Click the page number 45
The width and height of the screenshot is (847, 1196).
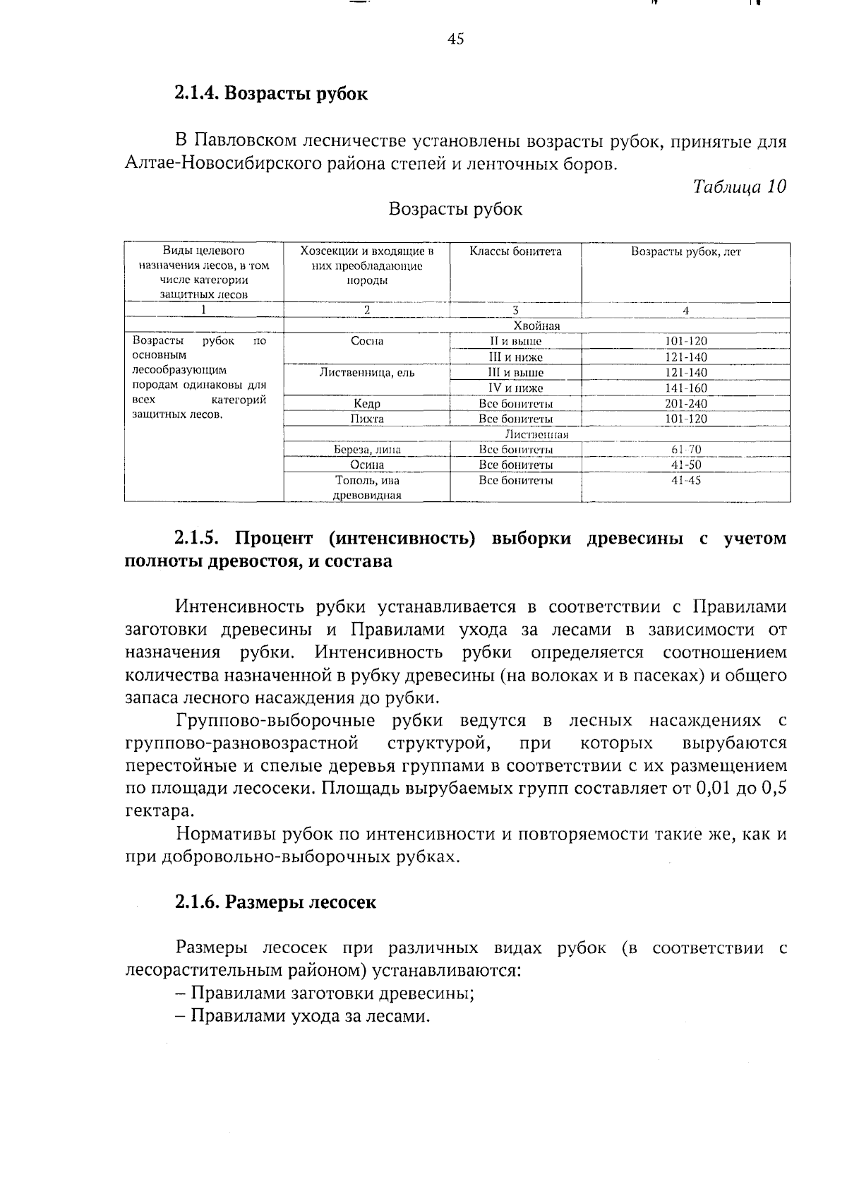click(455, 40)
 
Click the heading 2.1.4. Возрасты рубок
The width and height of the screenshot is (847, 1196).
click(271, 94)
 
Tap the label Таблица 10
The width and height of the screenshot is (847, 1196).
click(739, 186)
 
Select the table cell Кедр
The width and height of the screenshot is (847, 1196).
click(366, 404)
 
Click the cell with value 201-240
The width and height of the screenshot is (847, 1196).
click(685, 404)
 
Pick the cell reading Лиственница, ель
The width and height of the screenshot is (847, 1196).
click(366, 373)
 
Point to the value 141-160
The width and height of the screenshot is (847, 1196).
click(685, 388)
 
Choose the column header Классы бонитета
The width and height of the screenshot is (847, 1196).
click(515, 251)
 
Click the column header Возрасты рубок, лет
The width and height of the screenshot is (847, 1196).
click(685, 251)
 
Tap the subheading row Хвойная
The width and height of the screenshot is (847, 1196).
click(536, 325)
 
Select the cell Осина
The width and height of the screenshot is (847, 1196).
click(366, 465)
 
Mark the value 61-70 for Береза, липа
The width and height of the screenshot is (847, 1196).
click(685, 450)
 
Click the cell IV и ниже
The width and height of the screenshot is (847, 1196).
click(515, 388)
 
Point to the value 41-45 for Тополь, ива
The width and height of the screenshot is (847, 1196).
click(685, 481)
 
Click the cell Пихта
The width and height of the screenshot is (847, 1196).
click(366, 419)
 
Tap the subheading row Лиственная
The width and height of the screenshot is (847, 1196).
click(536, 435)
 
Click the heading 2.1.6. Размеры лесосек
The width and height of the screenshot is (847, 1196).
click(275, 903)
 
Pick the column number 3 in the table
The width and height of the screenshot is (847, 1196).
click(515, 311)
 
